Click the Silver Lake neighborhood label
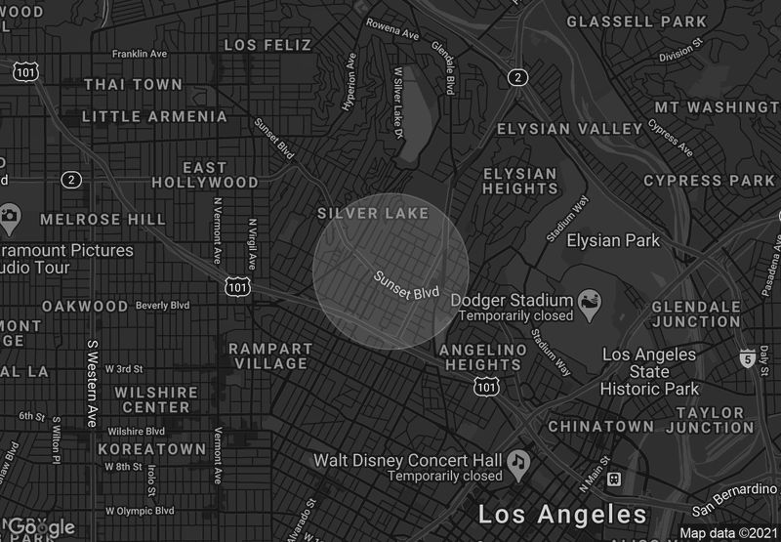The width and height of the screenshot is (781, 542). click(x=373, y=213)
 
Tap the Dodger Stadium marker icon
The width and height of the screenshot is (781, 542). click(x=590, y=300)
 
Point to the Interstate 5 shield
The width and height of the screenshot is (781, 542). click(x=747, y=357)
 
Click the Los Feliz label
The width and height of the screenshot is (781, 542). click(x=267, y=45)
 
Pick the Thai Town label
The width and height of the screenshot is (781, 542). click(x=133, y=85)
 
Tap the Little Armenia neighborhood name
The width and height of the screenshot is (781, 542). click(x=154, y=117)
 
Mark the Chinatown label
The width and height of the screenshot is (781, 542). click(x=600, y=427)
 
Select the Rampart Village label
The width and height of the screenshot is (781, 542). click(x=270, y=355)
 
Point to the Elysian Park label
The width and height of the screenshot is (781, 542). click(x=613, y=240)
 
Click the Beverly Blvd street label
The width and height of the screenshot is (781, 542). click(x=163, y=306)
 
